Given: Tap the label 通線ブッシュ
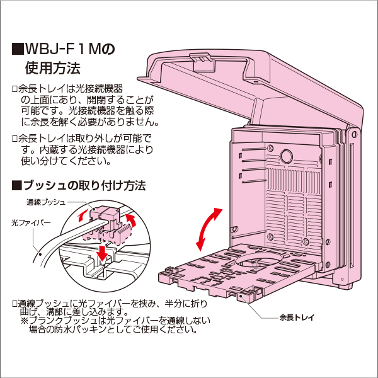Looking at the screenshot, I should click(45, 203).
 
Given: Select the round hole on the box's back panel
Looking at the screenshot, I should click(286, 155).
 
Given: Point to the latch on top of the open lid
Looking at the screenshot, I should click(200, 60).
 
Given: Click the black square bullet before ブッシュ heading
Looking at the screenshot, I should click(16, 186).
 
